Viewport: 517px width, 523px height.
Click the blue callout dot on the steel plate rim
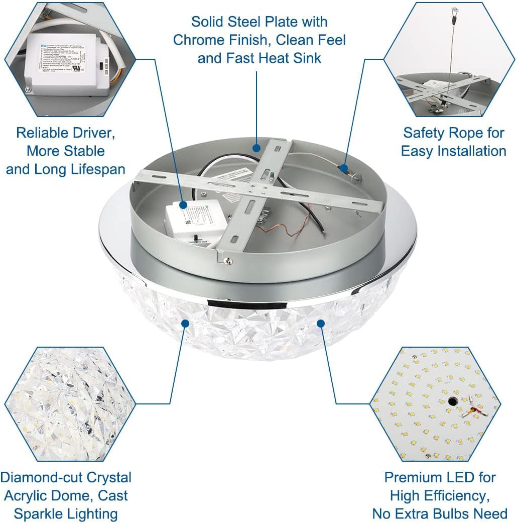[x=256, y=148]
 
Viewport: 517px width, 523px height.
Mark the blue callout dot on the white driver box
[x=184, y=204]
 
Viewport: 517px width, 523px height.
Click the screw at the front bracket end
[x=229, y=260]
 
